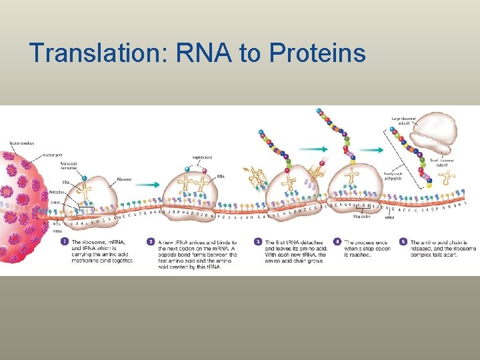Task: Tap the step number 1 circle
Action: [65, 241]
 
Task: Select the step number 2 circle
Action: [151, 241]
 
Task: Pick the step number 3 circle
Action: [258, 241]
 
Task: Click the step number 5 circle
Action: [403, 241]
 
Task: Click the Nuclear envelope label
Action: [21, 142]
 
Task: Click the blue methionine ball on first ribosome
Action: [84, 178]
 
